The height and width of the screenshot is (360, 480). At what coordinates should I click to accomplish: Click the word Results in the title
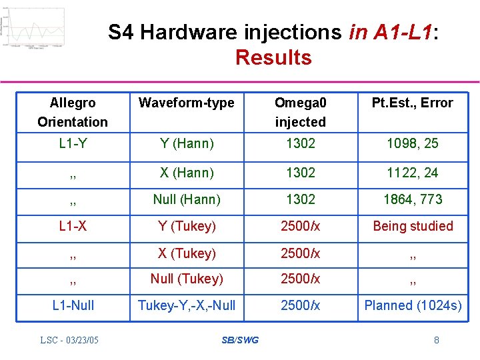(x=273, y=57)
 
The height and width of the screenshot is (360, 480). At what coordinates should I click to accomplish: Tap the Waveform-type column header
(x=186, y=103)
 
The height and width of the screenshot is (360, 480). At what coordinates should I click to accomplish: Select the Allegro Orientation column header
(x=73, y=112)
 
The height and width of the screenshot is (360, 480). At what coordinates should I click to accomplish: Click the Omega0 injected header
(x=301, y=112)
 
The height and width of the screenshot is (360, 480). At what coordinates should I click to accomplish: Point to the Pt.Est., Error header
(x=412, y=103)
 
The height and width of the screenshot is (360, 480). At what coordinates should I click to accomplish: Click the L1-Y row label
(x=73, y=143)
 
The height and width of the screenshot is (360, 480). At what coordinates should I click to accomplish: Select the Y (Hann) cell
(x=186, y=143)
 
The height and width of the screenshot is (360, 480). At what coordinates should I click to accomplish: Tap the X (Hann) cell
(x=186, y=173)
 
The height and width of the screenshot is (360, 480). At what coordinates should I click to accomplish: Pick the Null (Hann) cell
(x=186, y=199)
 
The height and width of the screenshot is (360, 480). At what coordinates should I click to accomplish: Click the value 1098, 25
(x=412, y=143)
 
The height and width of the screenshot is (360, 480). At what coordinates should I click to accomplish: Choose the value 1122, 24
(x=412, y=173)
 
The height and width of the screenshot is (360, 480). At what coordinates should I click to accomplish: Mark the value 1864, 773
(x=412, y=199)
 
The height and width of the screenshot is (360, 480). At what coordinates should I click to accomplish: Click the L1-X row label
(x=73, y=226)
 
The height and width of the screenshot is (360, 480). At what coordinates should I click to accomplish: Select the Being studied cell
(x=412, y=226)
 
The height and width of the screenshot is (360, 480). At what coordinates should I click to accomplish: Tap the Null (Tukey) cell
(x=186, y=279)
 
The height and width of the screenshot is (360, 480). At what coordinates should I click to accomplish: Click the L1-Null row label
(x=73, y=305)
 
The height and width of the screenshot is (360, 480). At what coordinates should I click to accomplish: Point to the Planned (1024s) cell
(x=412, y=305)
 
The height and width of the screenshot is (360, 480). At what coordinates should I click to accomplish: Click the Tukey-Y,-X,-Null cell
(x=186, y=305)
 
